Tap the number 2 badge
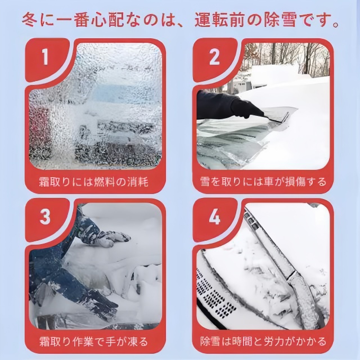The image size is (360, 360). click(215, 57)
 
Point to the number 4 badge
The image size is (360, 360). click(215, 217)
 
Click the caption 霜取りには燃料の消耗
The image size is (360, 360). click(93, 182)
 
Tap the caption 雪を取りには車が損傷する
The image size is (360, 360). click(263, 182)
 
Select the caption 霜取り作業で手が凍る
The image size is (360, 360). click(93, 341)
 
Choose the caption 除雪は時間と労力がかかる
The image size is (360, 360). click(263, 341)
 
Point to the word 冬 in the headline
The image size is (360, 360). click(30, 20)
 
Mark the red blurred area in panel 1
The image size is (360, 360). click(39, 129)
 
